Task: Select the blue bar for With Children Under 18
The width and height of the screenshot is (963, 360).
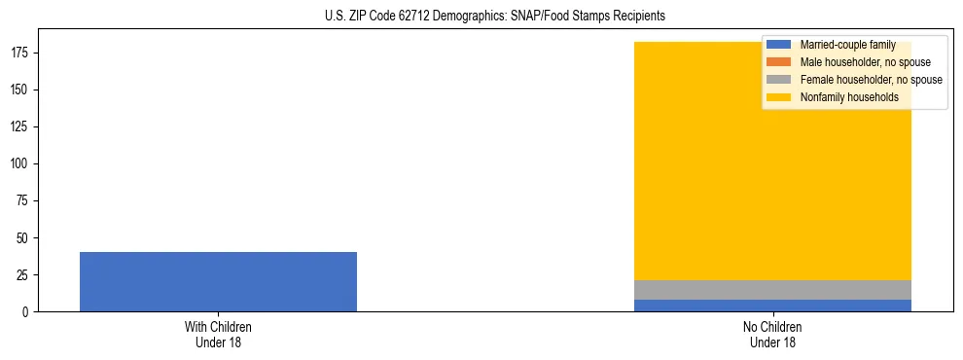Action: point(218,281)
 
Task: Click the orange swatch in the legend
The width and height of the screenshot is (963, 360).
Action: point(779,62)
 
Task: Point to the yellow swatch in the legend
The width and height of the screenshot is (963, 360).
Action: point(779,97)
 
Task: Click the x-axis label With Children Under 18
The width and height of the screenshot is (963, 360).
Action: point(218,335)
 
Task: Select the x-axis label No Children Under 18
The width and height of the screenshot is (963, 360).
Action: point(772,335)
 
